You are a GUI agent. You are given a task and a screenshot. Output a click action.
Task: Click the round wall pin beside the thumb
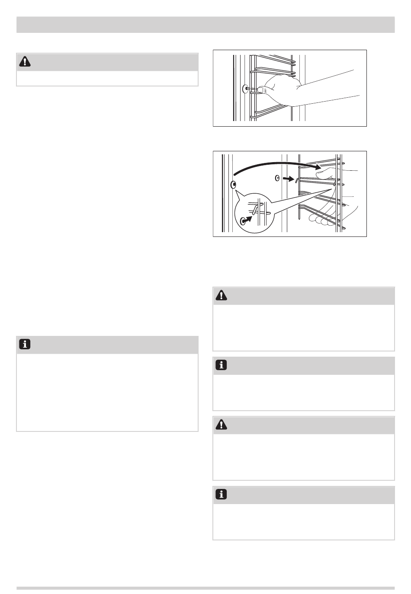point(246,89)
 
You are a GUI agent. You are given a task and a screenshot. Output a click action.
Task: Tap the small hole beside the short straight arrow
point(278,177)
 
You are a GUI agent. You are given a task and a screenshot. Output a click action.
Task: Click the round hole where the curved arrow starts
point(234,185)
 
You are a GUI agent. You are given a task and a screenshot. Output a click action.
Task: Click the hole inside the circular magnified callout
point(243,221)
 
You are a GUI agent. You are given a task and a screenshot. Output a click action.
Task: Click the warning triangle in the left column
point(26,62)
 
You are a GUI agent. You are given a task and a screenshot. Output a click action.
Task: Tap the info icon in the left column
point(26,345)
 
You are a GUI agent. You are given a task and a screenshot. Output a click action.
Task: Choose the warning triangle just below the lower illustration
point(222,295)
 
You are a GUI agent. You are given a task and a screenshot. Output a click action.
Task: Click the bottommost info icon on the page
point(222,495)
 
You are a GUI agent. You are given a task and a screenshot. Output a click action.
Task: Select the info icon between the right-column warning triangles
point(222,365)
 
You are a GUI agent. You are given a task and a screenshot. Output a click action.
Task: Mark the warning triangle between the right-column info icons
point(222,425)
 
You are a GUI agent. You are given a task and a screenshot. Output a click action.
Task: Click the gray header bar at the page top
point(205,25)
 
